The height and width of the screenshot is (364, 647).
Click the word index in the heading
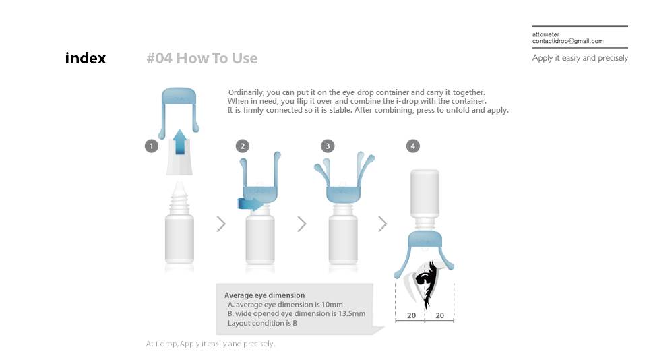(x=86, y=58)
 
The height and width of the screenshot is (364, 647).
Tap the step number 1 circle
(x=152, y=146)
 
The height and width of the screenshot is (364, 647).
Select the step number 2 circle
(x=242, y=146)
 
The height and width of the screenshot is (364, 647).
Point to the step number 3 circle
(x=328, y=146)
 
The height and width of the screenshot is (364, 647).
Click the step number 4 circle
(x=412, y=146)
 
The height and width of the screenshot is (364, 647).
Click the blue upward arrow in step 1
(x=179, y=142)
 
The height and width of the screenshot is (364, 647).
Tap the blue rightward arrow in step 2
(x=251, y=204)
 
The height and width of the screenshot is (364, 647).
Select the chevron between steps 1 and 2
(x=221, y=224)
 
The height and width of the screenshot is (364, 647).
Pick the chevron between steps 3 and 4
(x=383, y=224)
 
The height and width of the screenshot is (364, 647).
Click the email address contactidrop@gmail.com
(x=567, y=41)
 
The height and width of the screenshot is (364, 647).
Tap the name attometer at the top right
(x=546, y=34)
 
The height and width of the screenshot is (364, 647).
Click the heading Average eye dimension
(x=264, y=295)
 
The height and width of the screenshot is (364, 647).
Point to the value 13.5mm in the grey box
(x=352, y=313)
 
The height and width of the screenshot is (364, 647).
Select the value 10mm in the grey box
(x=332, y=305)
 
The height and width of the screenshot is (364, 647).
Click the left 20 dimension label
(x=411, y=315)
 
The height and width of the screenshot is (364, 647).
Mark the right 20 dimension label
(x=440, y=315)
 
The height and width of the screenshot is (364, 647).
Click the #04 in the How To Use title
(x=160, y=58)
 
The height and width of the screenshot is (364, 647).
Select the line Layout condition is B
(x=262, y=323)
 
